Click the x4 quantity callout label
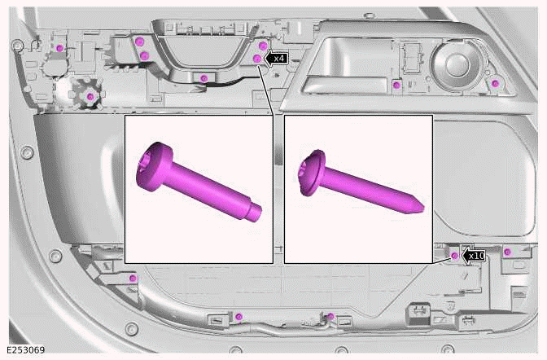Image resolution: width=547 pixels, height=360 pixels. point(280,59)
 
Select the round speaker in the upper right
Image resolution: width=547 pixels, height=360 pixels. point(450,63)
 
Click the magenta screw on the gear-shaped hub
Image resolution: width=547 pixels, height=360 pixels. point(90,96)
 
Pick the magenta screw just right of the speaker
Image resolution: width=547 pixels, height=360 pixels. point(495,83)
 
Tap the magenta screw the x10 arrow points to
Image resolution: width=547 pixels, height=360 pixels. point(456,256)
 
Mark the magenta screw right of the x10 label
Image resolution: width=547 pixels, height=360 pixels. point(507,252)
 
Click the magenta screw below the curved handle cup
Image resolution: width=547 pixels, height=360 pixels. point(203,78)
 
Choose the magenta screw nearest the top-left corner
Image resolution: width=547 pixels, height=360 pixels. point(60,48)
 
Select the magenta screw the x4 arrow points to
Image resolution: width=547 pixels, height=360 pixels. point(257,59)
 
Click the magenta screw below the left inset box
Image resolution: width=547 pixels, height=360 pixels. point(239,316)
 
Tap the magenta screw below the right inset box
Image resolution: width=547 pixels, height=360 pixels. point(331,316)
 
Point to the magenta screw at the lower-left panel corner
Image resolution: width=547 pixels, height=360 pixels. point(133,279)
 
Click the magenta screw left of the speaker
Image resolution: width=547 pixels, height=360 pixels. point(396,84)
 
